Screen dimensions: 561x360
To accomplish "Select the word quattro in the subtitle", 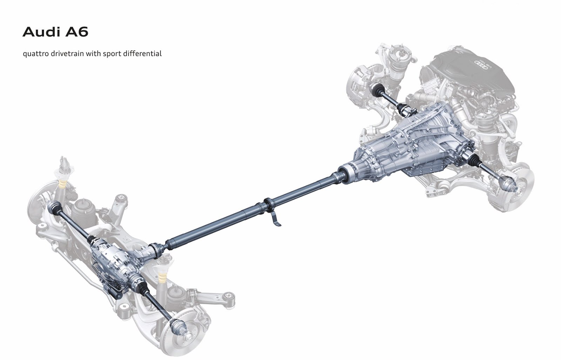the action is click(x=35, y=54).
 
